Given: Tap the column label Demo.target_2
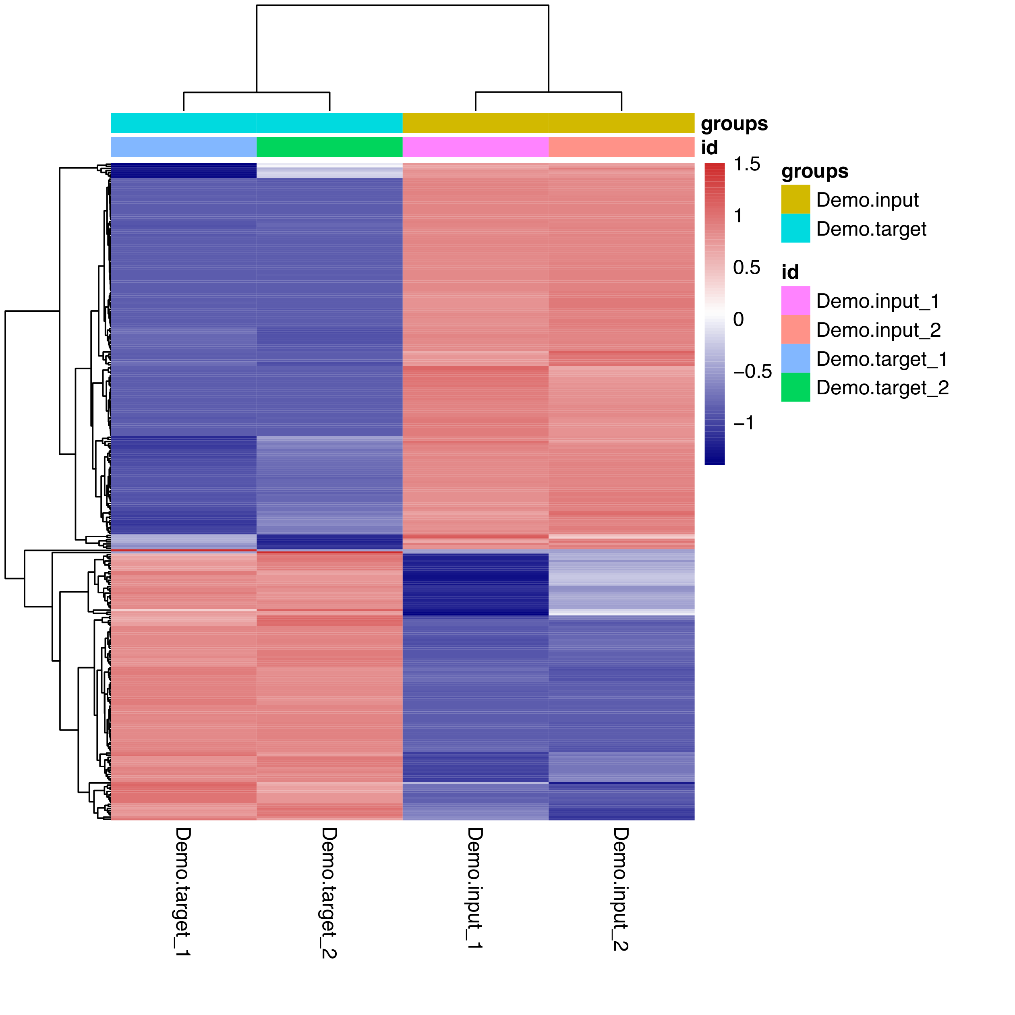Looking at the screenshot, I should (x=329, y=893).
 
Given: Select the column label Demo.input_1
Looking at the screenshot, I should (x=475, y=887).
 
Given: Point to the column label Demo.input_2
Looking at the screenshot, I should (x=621, y=889).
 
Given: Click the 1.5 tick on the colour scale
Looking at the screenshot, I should (x=746, y=164).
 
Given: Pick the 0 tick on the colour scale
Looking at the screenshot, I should (x=738, y=319).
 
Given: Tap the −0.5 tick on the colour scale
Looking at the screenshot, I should (x=752, y=371).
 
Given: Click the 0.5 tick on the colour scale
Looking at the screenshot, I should (x=746, y=268).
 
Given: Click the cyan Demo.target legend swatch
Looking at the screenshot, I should (x=795, y=228).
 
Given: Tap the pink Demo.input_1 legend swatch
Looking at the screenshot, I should (x=795, y=300).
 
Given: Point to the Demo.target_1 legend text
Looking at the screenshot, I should (x=882, y=359).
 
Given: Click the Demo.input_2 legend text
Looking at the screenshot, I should (x=878, y=330).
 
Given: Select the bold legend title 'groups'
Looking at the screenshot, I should (x=814, y=171).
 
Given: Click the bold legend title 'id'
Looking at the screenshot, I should (x=789, y=272).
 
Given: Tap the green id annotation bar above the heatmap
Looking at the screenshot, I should (x=329, y=147).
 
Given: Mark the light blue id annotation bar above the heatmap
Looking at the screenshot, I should (x=183, y=147).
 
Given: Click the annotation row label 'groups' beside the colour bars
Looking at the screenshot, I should (x=734, y=124).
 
